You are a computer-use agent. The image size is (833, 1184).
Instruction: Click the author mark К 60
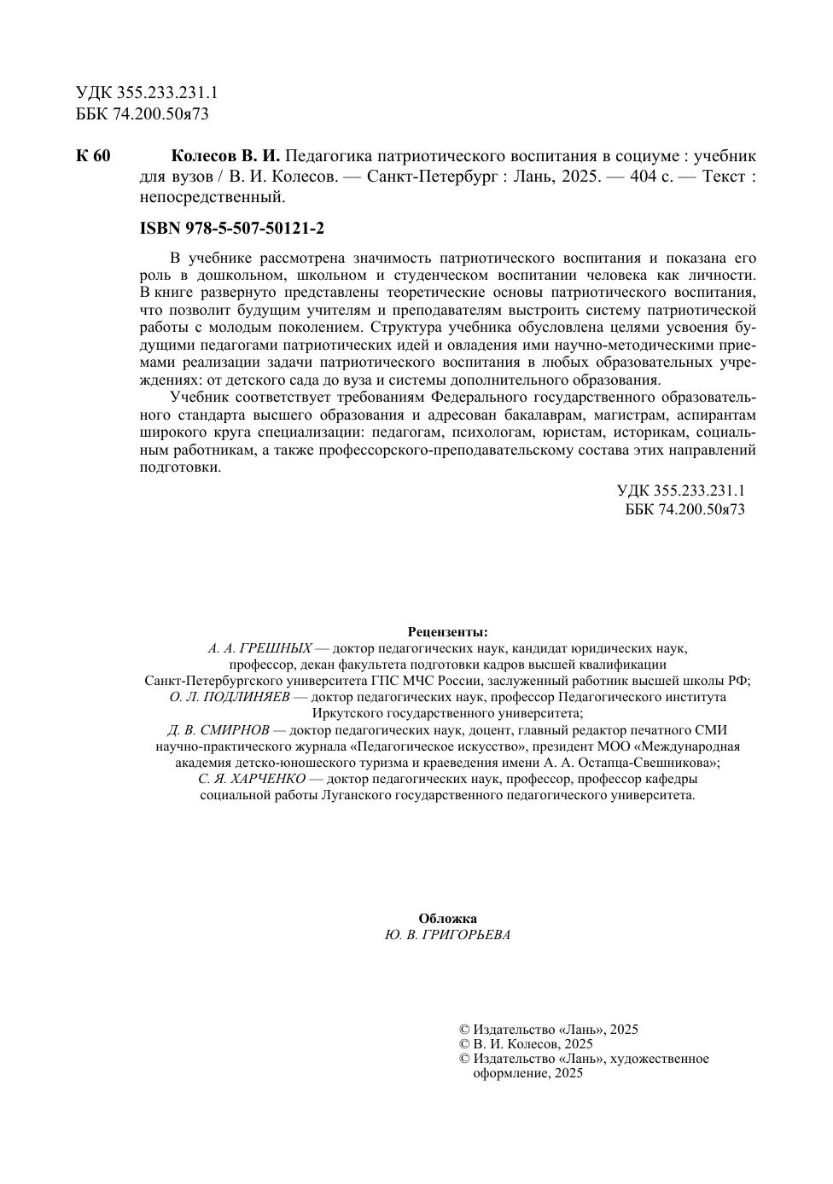[93, 157]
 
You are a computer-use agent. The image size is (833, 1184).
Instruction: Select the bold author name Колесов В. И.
[225, 157]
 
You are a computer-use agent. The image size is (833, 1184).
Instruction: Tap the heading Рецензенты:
[447, 632]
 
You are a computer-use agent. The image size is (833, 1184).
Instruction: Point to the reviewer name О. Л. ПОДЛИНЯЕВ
[230, 697]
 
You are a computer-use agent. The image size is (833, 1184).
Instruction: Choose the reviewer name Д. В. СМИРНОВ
[218, 730]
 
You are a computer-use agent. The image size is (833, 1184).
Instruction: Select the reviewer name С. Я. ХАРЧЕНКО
[252, 779]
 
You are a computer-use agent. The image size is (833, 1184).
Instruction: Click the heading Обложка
[447, 919]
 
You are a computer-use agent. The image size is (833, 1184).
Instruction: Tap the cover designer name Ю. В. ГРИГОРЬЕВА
[447, 935]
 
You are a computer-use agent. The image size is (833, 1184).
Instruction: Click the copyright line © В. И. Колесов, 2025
[526, 1044]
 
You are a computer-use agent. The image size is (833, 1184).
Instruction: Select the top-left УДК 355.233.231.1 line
[146, 94]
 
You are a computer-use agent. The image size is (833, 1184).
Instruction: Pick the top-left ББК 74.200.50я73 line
[142, 113]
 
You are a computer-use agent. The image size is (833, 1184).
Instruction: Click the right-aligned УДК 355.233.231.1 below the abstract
[680, 491]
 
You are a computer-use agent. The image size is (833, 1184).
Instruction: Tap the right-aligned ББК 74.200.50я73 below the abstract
[684, 510]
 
